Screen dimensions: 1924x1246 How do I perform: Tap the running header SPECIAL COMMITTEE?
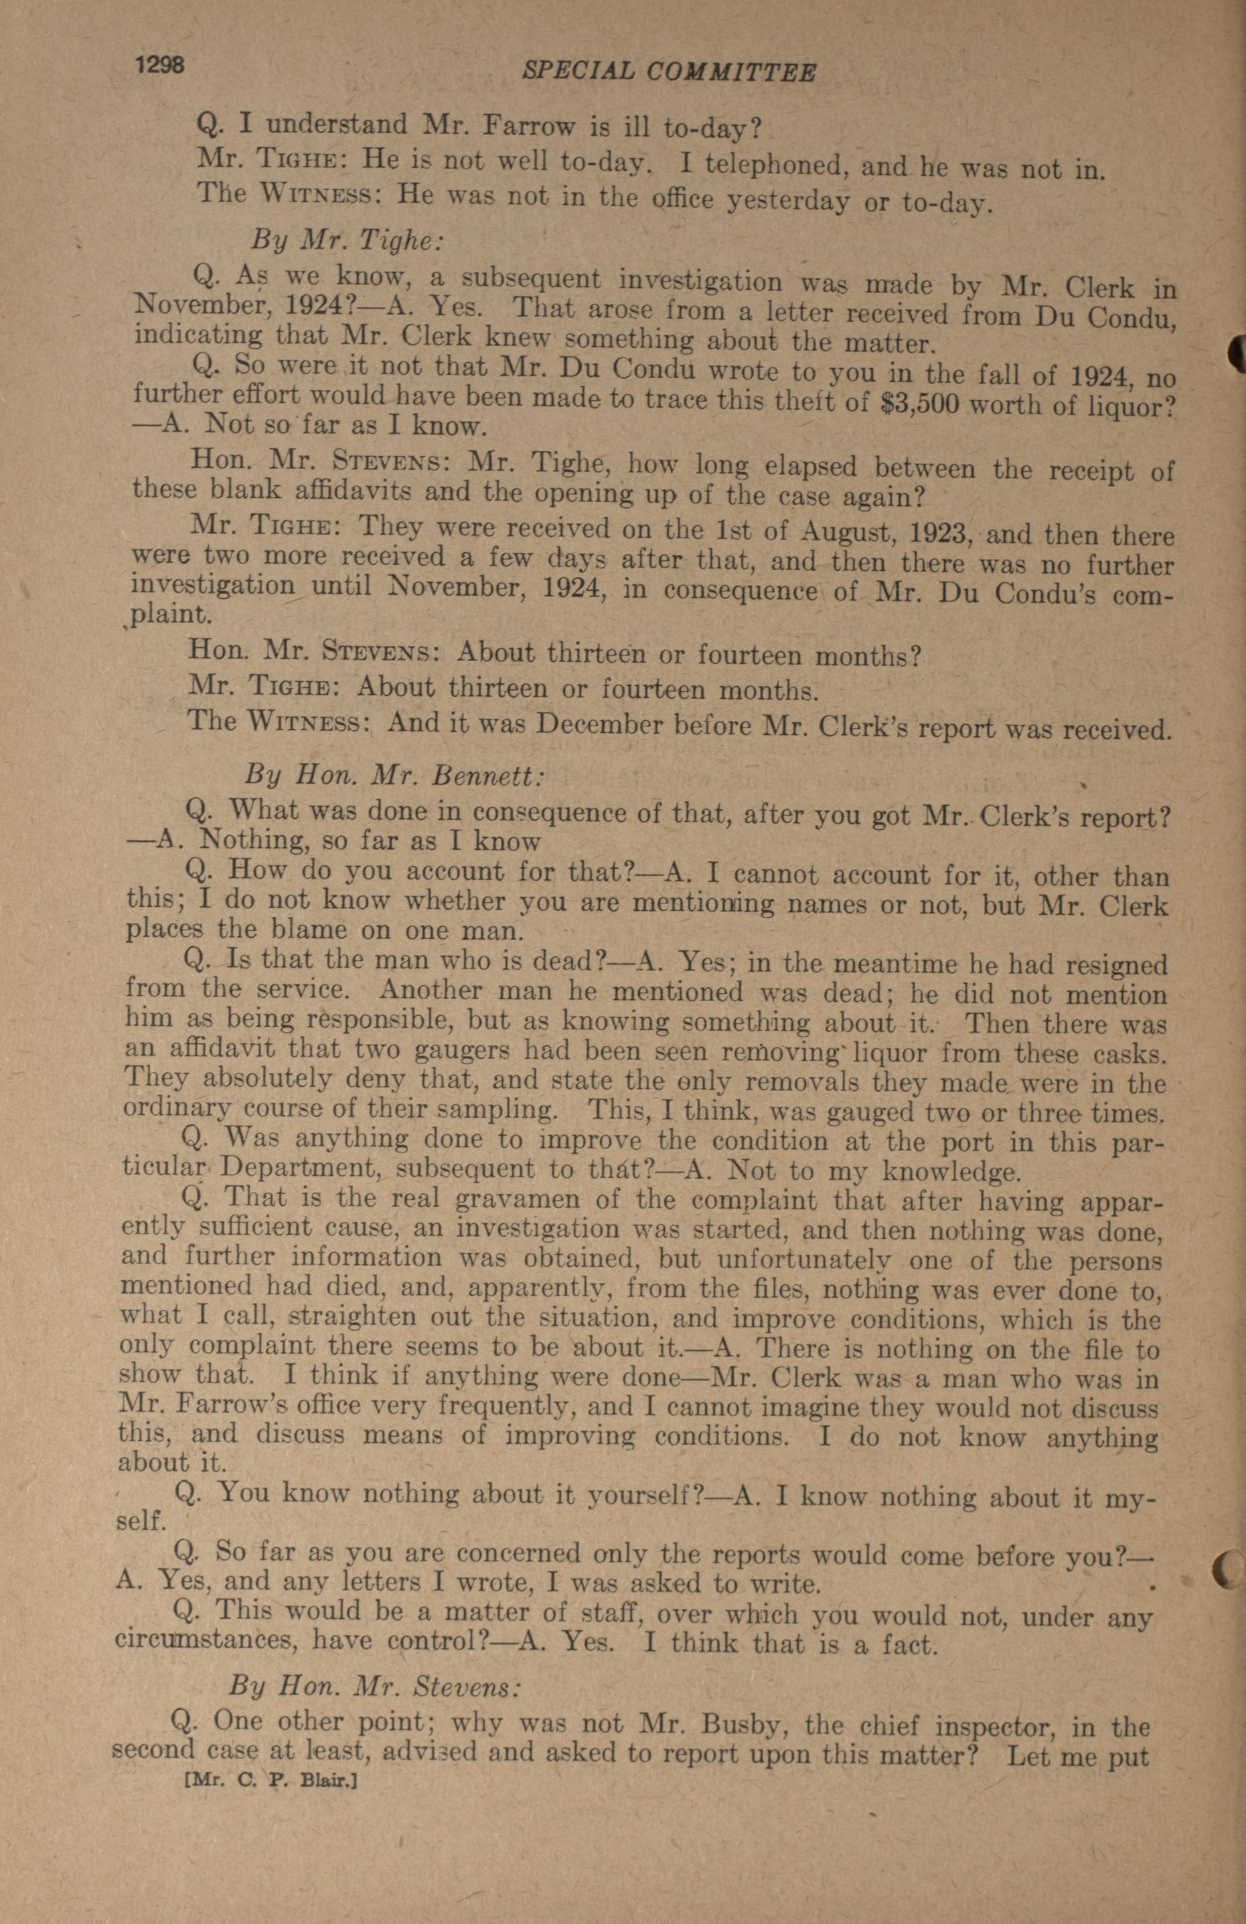coord(669,72)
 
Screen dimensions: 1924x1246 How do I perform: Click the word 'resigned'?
coord(1116,966)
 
